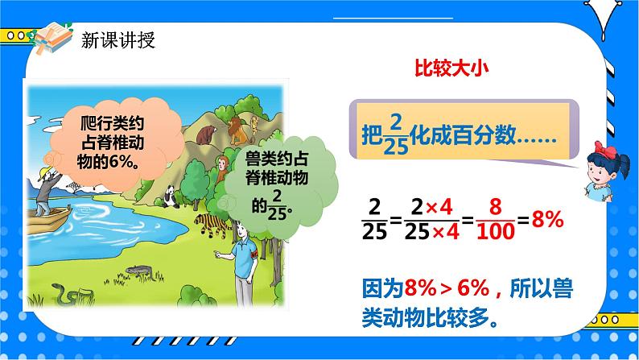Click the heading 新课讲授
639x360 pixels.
click(x=116, y=41)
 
